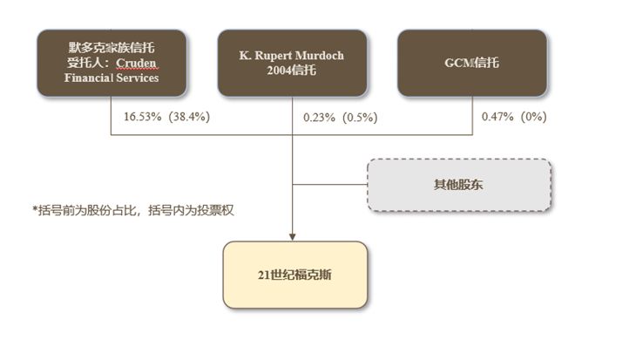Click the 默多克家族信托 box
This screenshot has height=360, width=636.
tap(112, 63)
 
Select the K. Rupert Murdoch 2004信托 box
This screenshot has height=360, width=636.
tap(292, 63)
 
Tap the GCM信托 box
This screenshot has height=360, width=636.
tap(472, 63)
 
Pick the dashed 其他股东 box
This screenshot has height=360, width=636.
tap(459, 185)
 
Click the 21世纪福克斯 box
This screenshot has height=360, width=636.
tap(295, 275)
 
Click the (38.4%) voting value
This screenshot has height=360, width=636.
tap(189, 117)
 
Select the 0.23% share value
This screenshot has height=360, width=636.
tap(319, 118)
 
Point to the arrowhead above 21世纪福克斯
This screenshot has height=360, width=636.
tap(293, 237)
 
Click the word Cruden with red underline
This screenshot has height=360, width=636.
tap(136, 63)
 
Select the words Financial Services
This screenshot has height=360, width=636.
tap(112, 78)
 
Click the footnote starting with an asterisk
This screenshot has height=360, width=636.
tap(133, 210)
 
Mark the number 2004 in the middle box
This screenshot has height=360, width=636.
tap(279, 71)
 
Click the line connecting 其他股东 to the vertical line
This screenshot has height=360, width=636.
tap(330, 185)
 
